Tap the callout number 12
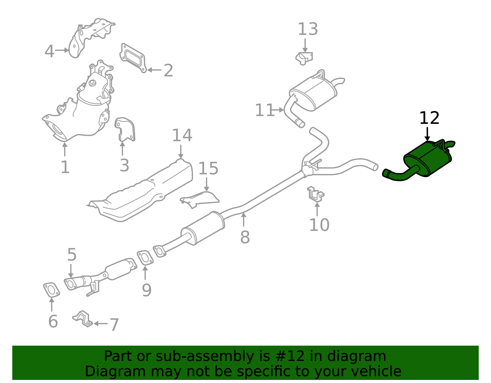tap(429, 118)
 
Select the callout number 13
tap(307, 29)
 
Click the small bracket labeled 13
tap(304, 58)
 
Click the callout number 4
tap(49, 51)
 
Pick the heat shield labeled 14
tap(144, 190)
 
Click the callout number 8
tap(245, 237)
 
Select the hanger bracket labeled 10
tap(315, 194)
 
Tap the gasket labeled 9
tap(145, 258)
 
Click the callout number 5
tap(72, 255)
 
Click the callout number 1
tap(65, 167)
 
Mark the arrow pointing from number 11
tap(278, 110)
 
